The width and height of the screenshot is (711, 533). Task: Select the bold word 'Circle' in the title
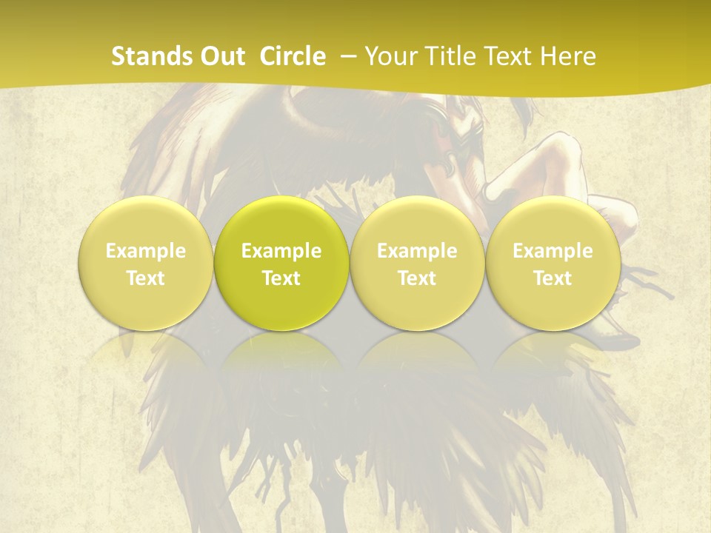[293, 56]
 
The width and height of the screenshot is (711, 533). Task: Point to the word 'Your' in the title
[390, 56]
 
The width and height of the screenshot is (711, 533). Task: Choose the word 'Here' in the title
[568, 56]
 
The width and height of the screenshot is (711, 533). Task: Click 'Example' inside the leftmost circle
[146, 251]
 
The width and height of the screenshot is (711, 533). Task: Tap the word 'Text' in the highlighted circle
[281, 278]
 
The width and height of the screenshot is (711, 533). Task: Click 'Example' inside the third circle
[417, 251]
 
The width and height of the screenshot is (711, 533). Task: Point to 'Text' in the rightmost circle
[553, 278]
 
